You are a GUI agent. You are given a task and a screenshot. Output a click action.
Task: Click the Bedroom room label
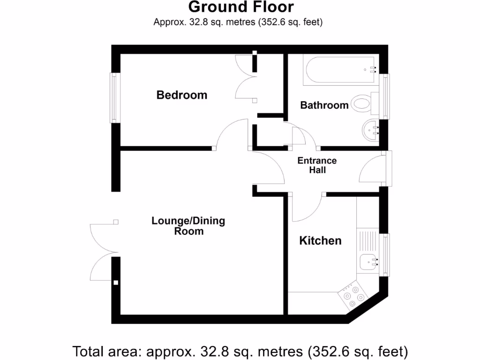pyautogui.click(x=181, y=95)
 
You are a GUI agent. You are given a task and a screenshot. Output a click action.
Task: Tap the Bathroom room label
pyautogui.click(x=324, y=105)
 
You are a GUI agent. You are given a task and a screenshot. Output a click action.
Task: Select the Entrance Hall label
pyautogui.click(x=317, y=165)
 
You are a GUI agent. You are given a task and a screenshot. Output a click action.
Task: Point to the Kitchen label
pyautogui.click(x=320, y=240)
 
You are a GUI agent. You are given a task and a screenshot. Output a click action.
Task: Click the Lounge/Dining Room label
pyautogui.click(x=188, y=225)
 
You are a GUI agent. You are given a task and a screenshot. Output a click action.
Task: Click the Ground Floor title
pyautogui.click(x=241, y=7)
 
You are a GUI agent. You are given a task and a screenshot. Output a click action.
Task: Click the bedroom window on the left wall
pyautogui.click(x=113, y=97)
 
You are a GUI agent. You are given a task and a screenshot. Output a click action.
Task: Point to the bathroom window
pyautogui.click(x=386, y=97)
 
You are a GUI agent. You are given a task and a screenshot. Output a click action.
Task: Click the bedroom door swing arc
pyautogui.click(x=232, y=134)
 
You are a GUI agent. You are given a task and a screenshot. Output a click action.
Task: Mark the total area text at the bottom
pyautogui.click(x=240, y=351)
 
